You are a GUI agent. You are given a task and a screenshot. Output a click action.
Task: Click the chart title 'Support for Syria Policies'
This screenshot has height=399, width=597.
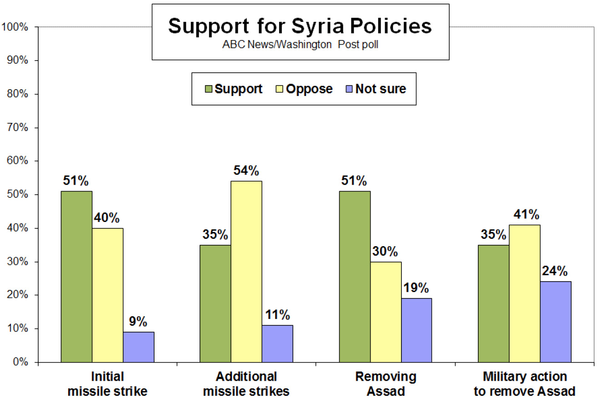coord(300,26)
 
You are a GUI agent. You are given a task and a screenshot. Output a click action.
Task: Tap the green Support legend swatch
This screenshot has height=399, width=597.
coord(209,89)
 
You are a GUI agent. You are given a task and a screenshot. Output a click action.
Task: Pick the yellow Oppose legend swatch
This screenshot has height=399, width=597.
coord(279,89)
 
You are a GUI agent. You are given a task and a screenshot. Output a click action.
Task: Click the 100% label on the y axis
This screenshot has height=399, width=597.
coord(17,27)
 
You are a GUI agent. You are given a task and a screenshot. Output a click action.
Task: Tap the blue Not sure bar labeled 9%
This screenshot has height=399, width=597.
coord(138,347)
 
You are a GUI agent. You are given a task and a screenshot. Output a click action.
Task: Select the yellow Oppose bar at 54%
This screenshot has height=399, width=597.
coord(246,272)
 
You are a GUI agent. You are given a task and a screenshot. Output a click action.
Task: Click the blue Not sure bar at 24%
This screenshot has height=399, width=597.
coord(556,322)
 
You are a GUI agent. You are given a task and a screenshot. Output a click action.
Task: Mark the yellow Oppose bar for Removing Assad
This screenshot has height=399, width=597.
coord(386,312)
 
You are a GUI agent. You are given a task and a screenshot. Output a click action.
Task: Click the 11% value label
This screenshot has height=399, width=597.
coord(278,315)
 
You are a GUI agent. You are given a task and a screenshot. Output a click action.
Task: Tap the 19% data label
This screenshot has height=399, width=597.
coord(416,288)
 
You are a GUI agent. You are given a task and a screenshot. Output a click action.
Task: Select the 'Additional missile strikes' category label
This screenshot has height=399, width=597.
coord(246,384)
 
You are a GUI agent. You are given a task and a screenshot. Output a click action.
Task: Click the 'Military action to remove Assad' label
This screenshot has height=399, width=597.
coord(525,384)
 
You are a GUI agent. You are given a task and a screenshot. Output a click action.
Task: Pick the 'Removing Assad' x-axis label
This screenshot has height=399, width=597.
coord(386,384)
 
